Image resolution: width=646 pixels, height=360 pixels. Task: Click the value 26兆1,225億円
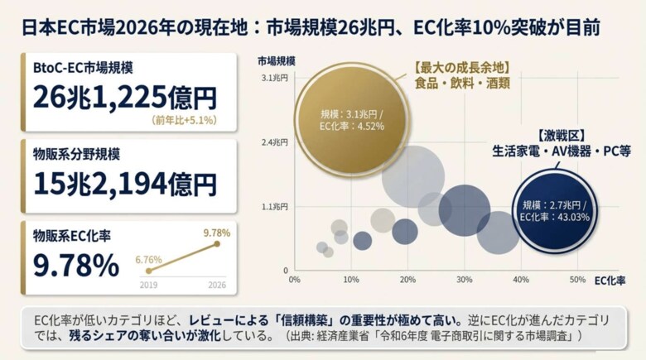tap(125, 98)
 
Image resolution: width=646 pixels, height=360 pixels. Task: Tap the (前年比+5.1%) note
tap(184, 121)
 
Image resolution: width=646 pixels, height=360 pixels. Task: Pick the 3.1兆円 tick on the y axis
tap(275, 78)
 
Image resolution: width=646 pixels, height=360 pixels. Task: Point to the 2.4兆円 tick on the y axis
tap(275, 142)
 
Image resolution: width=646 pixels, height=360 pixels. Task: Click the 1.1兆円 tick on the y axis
tap(275, 207)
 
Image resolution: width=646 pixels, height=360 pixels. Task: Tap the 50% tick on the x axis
tap(577, 280)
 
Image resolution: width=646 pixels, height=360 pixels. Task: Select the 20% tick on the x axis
tap(407, 280)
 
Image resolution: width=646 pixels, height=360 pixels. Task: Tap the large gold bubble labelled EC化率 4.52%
tap(351, 120)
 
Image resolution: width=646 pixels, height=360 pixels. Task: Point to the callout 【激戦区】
tap(562, 136)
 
